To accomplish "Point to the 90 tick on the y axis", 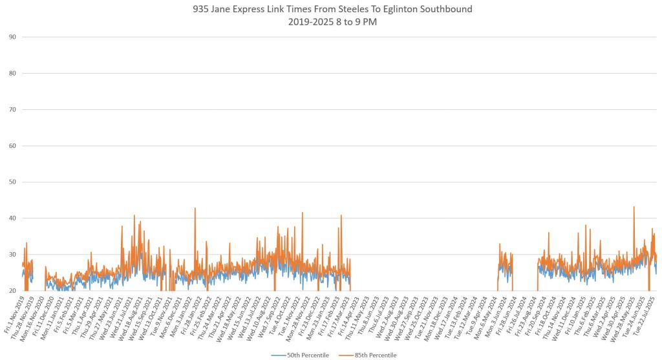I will point(12,37).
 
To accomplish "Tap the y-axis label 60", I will point(12,145).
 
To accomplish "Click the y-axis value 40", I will point(12,218).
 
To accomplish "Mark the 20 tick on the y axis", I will point(12,291).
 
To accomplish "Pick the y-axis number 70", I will point(12,109).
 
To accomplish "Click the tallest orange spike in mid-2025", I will point(634,207).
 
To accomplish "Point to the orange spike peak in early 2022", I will point(195,208).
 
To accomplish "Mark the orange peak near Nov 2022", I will point(302,213).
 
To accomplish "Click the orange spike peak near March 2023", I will point(341,216).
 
